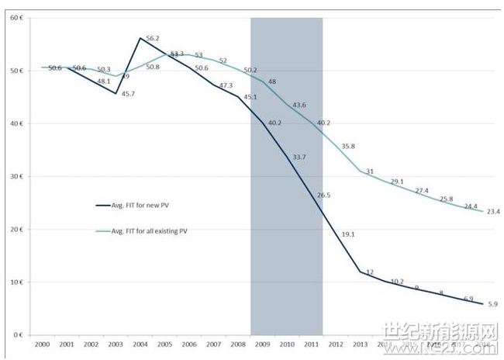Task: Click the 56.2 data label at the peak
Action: pos(154,39)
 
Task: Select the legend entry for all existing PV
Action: pos(147,232)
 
